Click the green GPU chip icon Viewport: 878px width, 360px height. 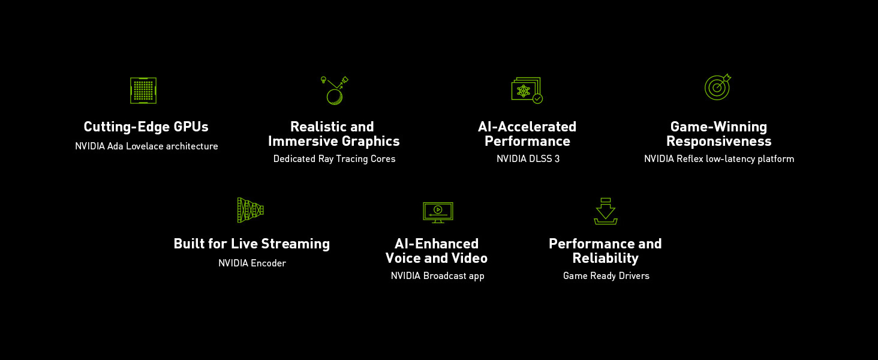tap(143, 90)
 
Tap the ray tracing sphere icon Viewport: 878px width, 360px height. tap(335, 91)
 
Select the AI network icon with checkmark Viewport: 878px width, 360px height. tap(526, 90)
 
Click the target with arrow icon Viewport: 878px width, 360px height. tap(717, 88)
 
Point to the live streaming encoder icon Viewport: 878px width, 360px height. tap(251, 210)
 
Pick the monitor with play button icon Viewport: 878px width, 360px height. tap(438, 212)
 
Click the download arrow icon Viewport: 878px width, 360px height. tap(605, 211)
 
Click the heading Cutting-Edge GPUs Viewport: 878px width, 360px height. tap(146, 127)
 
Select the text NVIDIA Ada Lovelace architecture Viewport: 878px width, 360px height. tap(146, 146)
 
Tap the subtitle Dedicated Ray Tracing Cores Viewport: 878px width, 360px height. tap(334, 159)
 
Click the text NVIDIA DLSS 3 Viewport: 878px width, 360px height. tap(528, 159)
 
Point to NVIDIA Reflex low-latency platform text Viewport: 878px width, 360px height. tap(719, 159)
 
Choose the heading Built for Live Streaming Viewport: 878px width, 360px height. tap(251, 244)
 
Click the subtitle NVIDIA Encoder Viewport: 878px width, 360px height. tap(252, 263)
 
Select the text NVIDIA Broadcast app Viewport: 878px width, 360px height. tap(437, 276)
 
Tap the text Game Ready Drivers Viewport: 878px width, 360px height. tap(606, 276)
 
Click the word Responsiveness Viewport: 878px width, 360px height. tap(718, 142)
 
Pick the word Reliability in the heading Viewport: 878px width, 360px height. tap(605, 259)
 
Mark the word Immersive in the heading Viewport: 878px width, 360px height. tap(299, 142)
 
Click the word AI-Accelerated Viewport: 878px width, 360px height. tap(527, 127)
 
